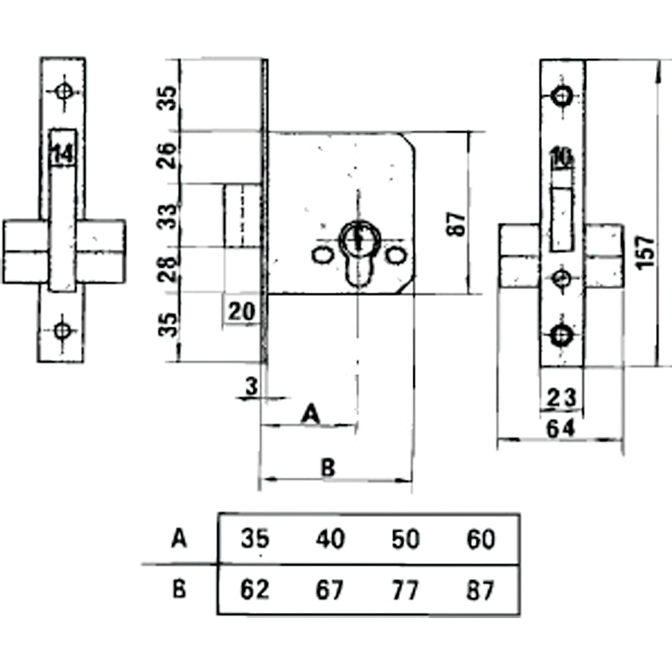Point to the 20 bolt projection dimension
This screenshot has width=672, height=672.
click(x=241, y=311)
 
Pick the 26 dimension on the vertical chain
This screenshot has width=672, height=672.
click(x=167, y=156)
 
